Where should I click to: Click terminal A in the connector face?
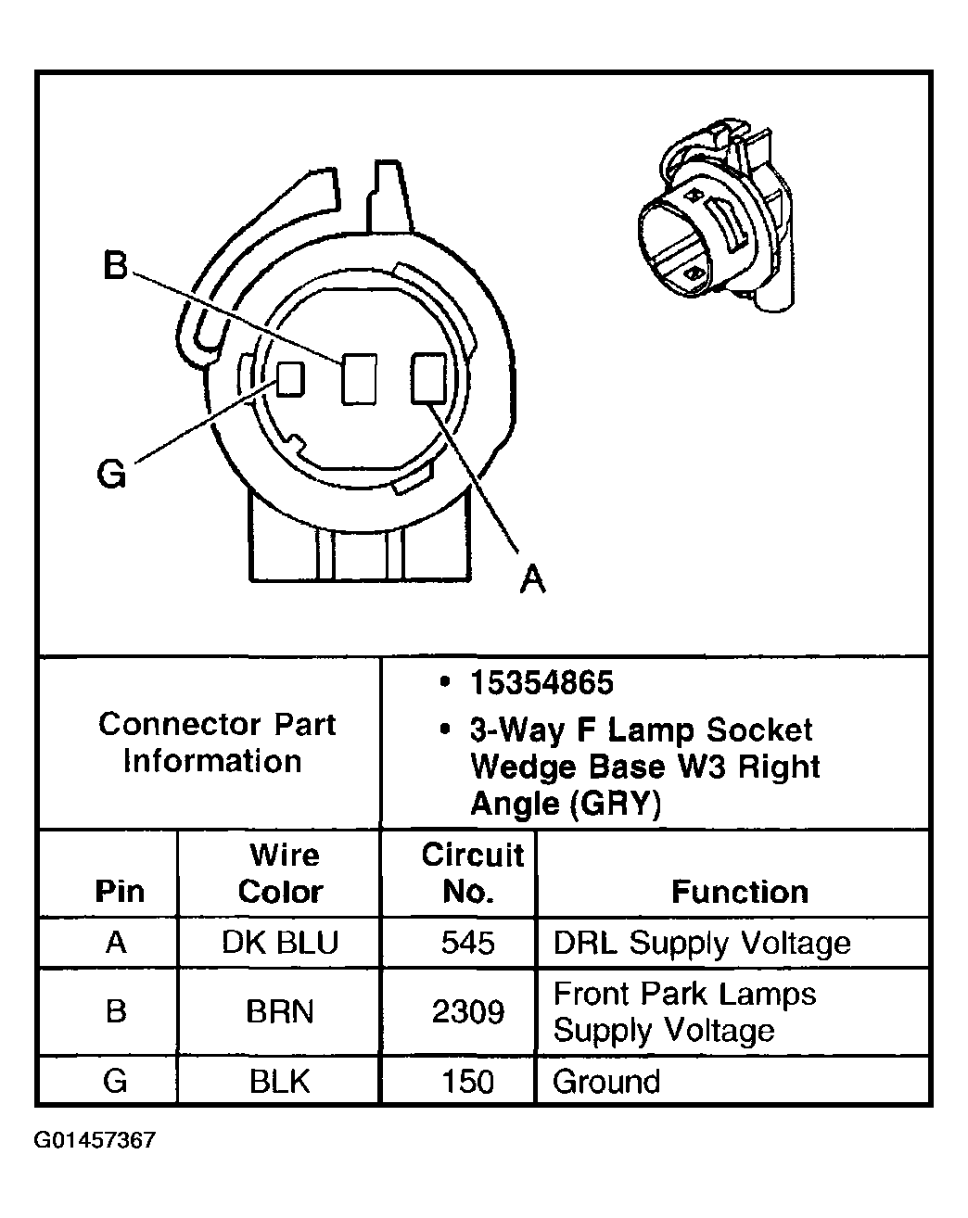[x=427, y=379]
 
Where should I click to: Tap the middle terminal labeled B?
[x=358, y=379]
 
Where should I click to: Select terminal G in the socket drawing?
[x=290, y=377]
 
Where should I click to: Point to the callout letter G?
[x=111, y=475]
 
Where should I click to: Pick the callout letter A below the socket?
[x=532, y=578]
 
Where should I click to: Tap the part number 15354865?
[x=541, y=683]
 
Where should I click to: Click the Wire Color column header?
[x=280, y=873]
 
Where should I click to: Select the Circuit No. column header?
[x=470, y=873]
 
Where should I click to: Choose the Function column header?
[x=739, y=892]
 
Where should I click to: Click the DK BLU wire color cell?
[x=280, y=943]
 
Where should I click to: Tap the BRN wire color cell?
[x=280, y=1011]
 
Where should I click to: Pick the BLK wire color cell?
[x=280, y=1081]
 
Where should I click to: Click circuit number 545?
[x=468, y=943]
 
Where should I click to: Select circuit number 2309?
[x=468, y=1011]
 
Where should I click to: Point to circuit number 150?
[x=468, y=1081]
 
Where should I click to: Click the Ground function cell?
[x=606, y=1081]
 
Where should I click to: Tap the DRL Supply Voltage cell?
[x=701, y=943]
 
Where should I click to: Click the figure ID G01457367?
[x=96, y=1140]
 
